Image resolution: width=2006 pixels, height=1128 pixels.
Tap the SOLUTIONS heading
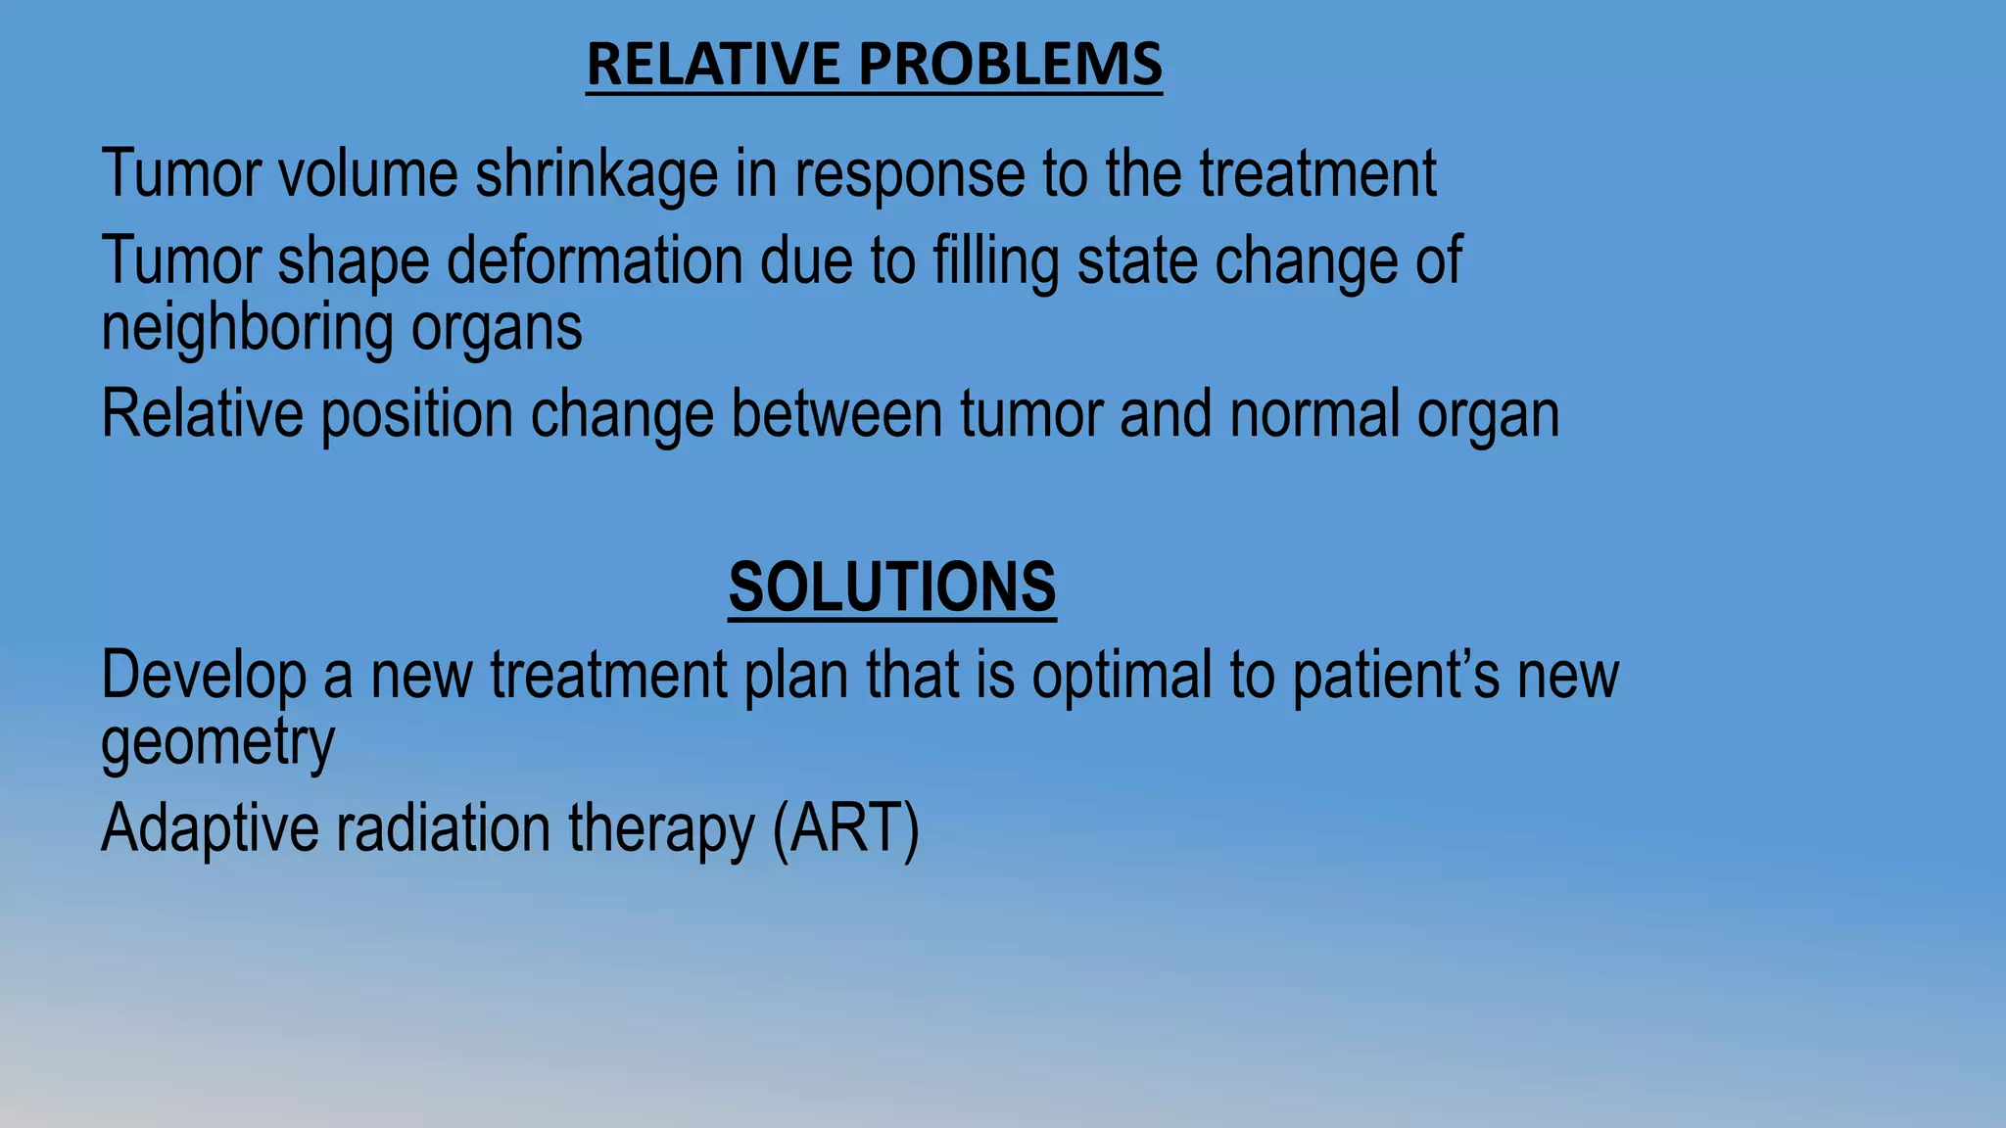click(x=891, y=587)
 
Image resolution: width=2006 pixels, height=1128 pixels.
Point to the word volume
click(x=368, y=174)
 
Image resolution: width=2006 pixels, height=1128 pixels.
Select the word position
click(x=417, y=415)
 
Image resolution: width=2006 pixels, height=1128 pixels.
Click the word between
click(x=836, y=413)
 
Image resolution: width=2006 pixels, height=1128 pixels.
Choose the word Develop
click(x=203, y=677)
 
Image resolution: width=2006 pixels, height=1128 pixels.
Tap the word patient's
click(x=1396, y=677)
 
